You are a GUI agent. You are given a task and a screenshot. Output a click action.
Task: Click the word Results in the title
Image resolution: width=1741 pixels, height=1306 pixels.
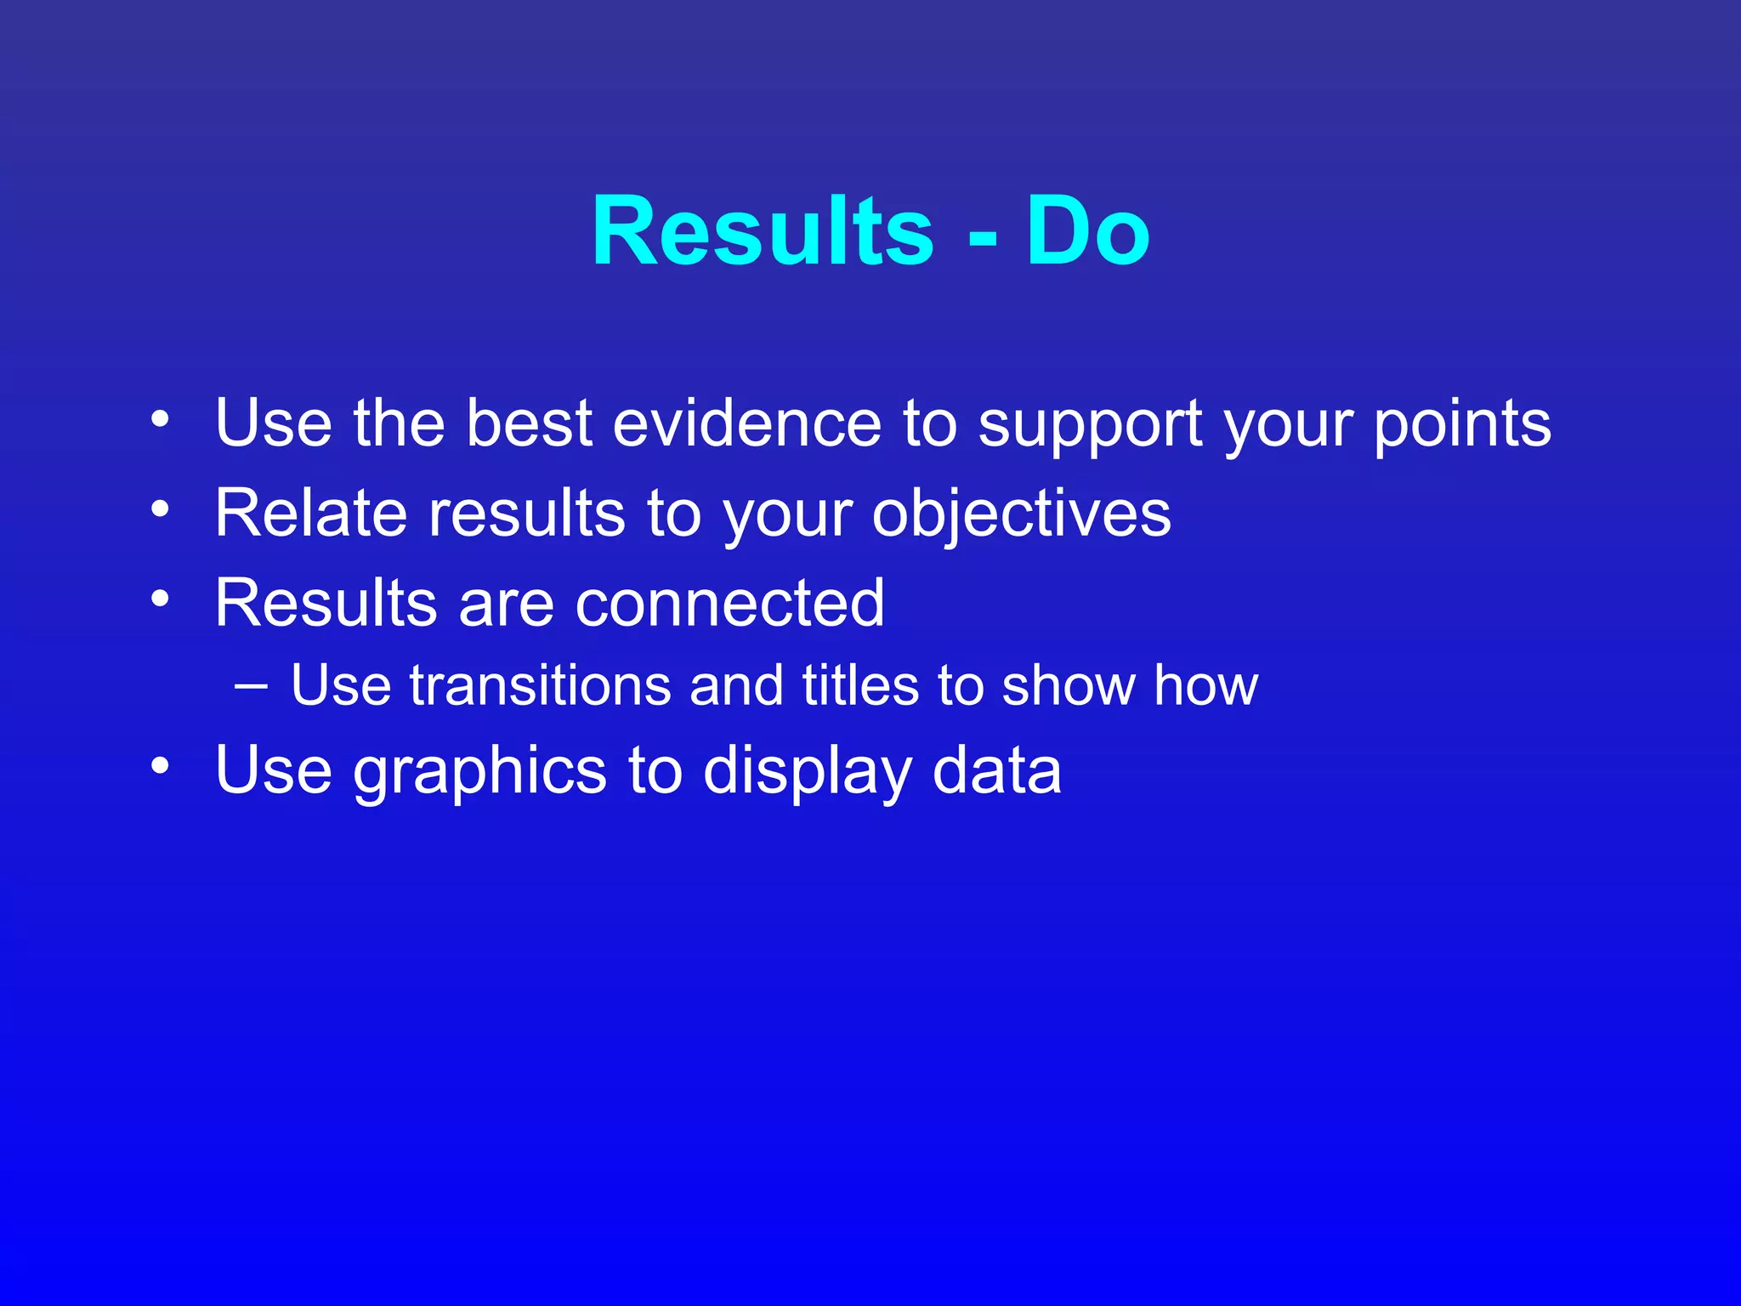(x=763, y=231)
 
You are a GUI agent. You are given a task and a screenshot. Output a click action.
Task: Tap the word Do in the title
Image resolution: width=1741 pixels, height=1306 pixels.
(x=1087, y=231)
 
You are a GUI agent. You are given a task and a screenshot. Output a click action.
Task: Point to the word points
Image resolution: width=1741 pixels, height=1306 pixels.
(x=1462, y=425)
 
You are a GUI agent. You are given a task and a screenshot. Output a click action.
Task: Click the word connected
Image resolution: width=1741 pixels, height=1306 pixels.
(x=730, y=603)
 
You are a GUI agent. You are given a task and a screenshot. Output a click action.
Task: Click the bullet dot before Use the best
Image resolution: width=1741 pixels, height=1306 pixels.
(x=160, y=418)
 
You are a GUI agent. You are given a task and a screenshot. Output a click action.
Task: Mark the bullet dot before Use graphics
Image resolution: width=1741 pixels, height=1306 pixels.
(x=160, y=766)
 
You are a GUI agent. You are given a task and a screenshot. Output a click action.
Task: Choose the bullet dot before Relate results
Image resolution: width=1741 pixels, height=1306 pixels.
(x=160, y=508)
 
